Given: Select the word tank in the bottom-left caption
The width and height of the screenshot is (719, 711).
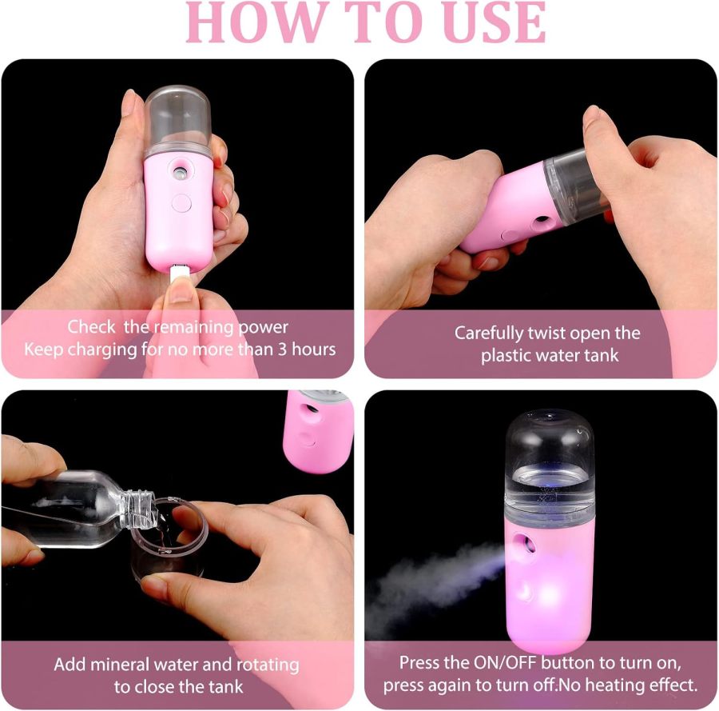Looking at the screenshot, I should [x=226, y=686].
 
